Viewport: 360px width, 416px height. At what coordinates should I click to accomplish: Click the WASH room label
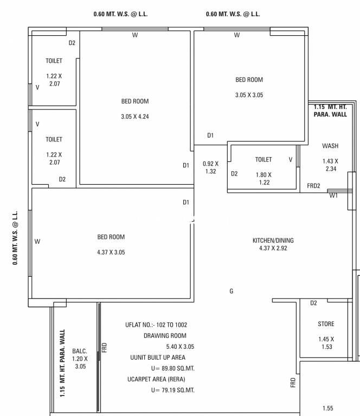click(x=330, y=146)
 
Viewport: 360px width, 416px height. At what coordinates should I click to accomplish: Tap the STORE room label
click(x=326, y=324)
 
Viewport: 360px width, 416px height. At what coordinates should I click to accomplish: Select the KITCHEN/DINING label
click(x=273, y=240)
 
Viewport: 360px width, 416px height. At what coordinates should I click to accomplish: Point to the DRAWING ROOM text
click(x=165, y=336)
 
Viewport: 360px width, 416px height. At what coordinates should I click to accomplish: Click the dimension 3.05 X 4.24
click(x=135, y=116)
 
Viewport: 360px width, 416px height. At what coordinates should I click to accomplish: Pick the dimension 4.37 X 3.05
click(x=111, y=252)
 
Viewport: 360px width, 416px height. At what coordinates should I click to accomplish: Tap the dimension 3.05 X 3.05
click(x=249, y=95)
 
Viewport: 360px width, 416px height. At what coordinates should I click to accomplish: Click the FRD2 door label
click(x=313, y=186)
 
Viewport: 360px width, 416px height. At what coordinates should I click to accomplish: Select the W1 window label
click(x=333, y=196)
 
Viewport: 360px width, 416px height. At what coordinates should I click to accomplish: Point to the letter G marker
click(x=232, y=291)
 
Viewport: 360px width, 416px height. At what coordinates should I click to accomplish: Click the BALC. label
click(x=80, y=351)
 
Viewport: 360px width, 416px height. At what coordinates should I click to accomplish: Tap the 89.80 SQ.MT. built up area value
click(x=178, y=368)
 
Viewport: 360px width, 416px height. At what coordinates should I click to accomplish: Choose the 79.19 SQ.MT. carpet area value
click(x=178, y=390)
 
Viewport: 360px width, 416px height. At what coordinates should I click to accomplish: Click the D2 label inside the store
click(x=313, y=303)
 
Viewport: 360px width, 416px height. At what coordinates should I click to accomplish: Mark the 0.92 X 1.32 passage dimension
click(x=210, y=167)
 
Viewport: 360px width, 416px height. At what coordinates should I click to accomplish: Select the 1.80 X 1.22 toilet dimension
click(x=263, y=179)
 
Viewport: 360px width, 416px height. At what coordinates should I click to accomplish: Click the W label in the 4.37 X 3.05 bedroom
click(x=37, y=242)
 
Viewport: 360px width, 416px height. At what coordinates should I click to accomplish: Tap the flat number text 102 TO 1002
click(x=171, y=325)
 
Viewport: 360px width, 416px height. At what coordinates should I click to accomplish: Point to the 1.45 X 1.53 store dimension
click(x=326, y=343)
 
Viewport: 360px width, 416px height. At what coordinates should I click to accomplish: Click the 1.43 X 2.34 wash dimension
click(x=330, y=165)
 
